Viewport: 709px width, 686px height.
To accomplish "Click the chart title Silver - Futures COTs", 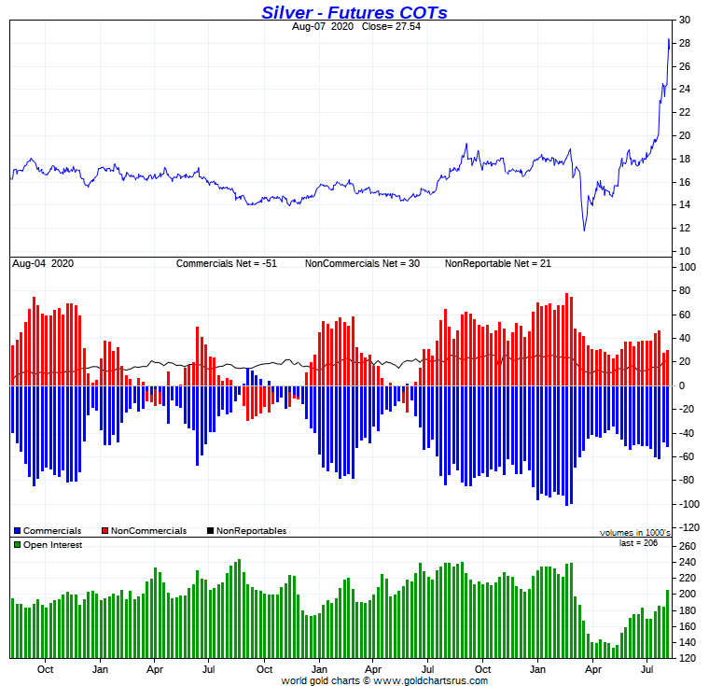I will coord(354,12).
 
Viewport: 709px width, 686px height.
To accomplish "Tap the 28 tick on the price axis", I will coord(684,44).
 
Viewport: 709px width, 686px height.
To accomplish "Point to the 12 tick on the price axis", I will coord(684,229).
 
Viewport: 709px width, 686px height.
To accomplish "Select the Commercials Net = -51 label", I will coord(233,264).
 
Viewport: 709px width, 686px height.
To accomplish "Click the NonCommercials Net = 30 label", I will coord(362,264).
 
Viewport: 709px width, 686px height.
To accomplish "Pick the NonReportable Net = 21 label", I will coord(497,264).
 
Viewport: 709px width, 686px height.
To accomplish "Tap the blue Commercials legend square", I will coord(17,531).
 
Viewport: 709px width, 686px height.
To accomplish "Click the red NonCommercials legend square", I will coord(104,531).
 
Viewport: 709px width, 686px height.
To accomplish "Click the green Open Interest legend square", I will coord(17,545).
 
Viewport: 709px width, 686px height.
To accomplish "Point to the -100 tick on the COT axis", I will coord(686,504).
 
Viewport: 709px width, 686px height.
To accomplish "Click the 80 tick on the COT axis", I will coord(686,291).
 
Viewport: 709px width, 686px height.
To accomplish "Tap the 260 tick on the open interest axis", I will coord(686,546).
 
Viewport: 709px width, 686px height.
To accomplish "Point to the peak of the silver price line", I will coord(669,39).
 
